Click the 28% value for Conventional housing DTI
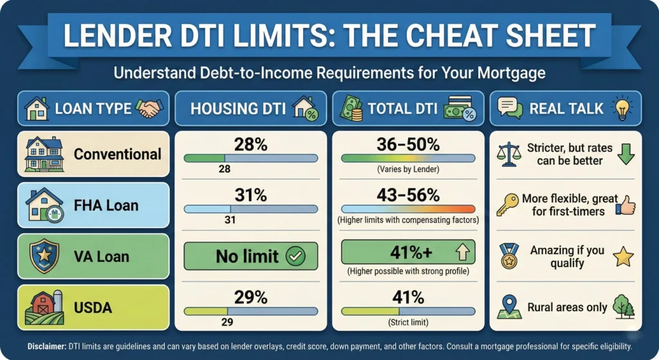(250, 145)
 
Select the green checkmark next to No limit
(295, 256)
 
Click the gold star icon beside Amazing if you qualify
(623, 256)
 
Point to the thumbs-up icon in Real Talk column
(625, 205)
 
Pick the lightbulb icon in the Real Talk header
(623, 108)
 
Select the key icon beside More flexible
(507, 205)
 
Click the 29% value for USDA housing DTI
(250, 297)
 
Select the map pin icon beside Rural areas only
(508, 307)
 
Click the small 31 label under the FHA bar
(230, 220)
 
